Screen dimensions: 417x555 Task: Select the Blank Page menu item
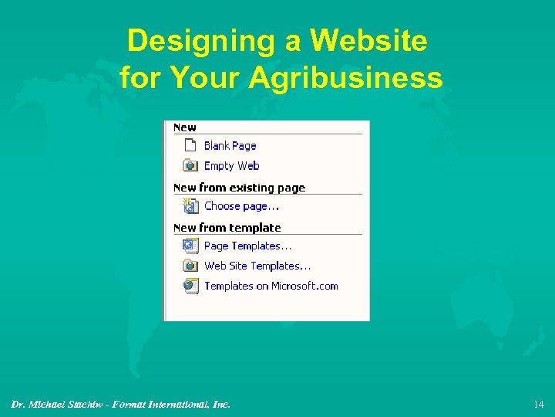230,146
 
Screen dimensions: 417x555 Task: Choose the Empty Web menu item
231,166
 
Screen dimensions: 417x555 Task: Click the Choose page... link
241,206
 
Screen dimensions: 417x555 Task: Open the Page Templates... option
247,246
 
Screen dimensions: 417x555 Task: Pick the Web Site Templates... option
257,266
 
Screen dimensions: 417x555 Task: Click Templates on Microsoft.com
271,286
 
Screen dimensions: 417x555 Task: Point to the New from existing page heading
239,188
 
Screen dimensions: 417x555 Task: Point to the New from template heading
227,228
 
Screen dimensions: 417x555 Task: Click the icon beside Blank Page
190,145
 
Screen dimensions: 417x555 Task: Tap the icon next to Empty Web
190,165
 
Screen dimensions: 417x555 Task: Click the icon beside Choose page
190,205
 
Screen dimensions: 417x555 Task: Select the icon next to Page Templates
190,246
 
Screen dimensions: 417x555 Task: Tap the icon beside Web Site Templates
190,266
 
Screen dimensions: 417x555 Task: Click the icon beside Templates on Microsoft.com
190,286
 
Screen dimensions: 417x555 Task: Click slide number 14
538,404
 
